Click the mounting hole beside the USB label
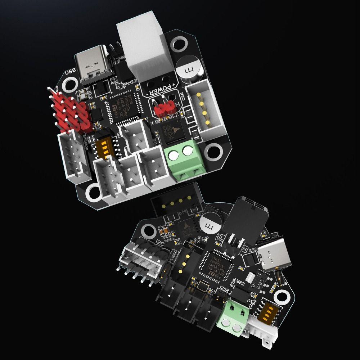click(69, 86)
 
